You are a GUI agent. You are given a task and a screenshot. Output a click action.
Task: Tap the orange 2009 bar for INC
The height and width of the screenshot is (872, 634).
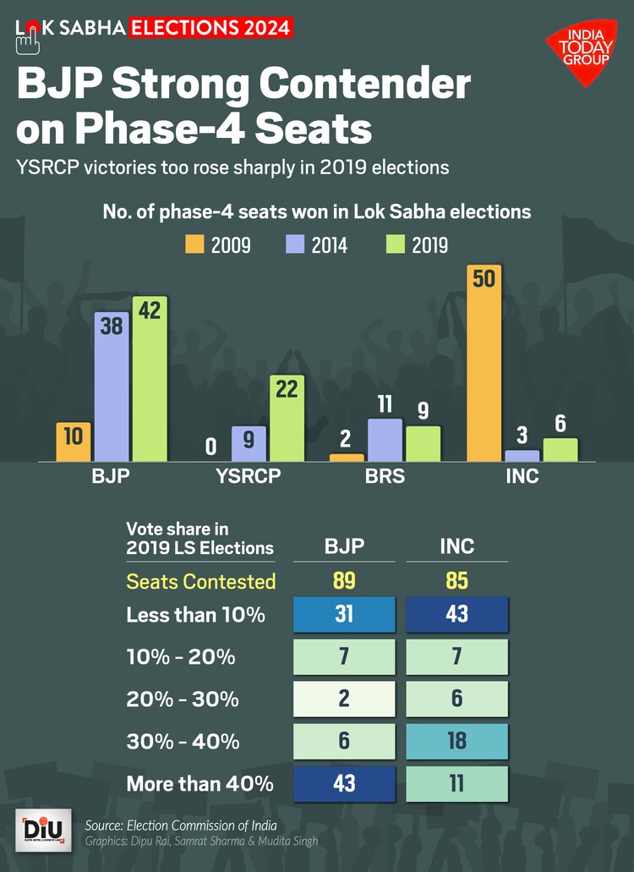pos(484,364)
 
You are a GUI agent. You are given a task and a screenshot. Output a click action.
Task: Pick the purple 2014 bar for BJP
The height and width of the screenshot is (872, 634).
pos(112,387)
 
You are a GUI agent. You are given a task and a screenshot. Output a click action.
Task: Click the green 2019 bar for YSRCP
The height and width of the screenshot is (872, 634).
pos(287,419)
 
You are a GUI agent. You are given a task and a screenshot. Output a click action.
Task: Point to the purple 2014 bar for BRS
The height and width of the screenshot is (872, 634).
pos(385,440)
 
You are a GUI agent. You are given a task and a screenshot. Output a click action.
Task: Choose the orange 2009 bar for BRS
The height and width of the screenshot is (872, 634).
pos(347,458)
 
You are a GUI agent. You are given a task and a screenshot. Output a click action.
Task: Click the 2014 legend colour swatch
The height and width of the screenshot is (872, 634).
pos(295,245)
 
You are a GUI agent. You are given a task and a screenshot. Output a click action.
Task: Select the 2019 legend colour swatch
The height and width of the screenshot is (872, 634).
pos(395,245)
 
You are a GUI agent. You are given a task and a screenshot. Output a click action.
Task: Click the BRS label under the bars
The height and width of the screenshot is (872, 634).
pos(385,476)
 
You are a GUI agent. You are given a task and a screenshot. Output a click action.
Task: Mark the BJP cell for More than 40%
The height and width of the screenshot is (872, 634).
pos(344,782)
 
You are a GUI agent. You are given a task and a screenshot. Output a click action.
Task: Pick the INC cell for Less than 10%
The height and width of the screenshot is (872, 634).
pos(456,614)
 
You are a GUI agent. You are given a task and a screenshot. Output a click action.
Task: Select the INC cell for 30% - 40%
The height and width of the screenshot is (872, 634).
pos(456,741)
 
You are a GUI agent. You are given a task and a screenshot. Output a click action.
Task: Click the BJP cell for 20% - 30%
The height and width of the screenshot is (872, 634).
pos(344,699)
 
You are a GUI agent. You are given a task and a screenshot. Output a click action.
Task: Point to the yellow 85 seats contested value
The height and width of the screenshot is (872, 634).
pos(456,581)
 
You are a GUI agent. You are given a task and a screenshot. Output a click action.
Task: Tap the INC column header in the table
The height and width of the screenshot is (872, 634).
pos(456,546)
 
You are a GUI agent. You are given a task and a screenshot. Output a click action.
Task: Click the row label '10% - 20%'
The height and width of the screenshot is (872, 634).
pos(181,657)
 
